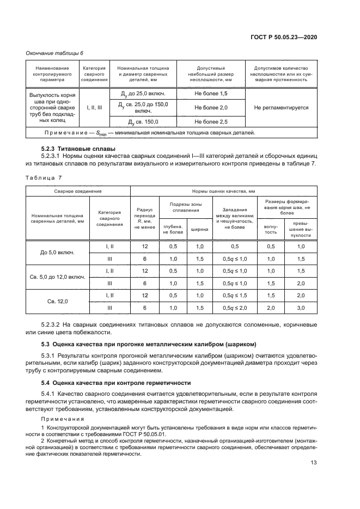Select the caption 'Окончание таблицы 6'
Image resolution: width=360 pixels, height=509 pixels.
pyautogui.click(x=54, y=53)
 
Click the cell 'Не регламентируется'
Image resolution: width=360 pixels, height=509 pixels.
pyautogui.click(x=281, y=108)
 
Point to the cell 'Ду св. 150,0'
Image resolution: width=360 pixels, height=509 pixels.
pyautogui.click(x=143, y=121)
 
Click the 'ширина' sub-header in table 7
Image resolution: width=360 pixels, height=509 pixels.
pyautogui.click(x=199, y=230)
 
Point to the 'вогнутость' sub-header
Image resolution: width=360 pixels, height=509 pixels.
pyautogui.click(x=271, y=230)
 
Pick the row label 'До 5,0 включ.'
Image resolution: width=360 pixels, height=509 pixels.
pyautogui.click(x=57, y=253)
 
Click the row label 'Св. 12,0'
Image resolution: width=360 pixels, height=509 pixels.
pyautogui.click(x=57, y=301)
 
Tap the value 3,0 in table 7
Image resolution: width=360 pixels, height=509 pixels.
pyautogui.click(x=301, y=308)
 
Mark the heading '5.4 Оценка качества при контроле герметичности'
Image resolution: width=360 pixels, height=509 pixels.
pyautogui.click(x=117, y=382)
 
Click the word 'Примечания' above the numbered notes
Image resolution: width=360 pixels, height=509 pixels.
pyautogui.click(x=60, y=419)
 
